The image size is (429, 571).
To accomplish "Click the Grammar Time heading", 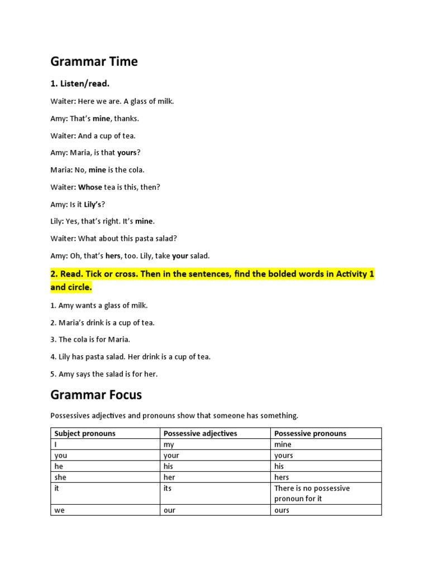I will (x=94, y=61).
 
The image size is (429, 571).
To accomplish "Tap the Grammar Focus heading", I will (x=96, y=395).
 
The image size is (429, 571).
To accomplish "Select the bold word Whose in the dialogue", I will (x=90, y=187).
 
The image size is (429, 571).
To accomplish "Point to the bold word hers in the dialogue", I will (x=113, y=256).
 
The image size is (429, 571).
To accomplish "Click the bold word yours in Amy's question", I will (x=127, y=153).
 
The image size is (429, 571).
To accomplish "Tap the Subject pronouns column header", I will (x=85, y=433).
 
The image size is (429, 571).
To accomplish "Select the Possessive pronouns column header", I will (x=310, y=433).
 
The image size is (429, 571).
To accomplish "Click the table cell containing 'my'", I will (x=169, y=444).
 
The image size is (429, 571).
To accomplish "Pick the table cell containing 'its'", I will (x=168, y=488).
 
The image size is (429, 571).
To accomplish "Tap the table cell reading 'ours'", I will (x=282, y=510).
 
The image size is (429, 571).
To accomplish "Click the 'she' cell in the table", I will (x=60, y=477).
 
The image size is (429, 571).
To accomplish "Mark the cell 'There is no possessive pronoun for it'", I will (x=312, y=493).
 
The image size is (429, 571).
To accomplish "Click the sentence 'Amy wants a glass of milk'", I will (x=99, y=306).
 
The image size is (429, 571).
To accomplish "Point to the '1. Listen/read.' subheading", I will (x=80, y=84).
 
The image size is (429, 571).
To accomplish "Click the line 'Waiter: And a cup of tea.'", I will (x=93, y=136).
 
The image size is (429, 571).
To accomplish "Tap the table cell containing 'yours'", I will (x=283, y=456).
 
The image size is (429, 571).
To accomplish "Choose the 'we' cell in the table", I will (x=59, y=510).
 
